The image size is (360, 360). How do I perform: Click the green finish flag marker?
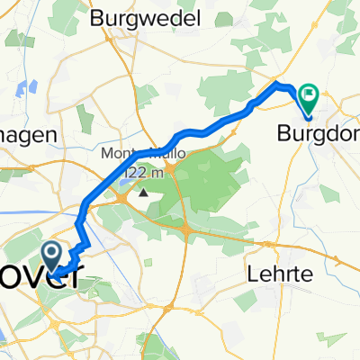click(x=309, y=93)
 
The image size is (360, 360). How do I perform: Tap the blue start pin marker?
click(x=51, y=252)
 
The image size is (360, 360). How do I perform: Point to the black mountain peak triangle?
click(x=142, y=191)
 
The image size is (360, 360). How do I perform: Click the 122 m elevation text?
click(x=142, y=172)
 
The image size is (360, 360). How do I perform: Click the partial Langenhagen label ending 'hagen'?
click(x=27, y=131)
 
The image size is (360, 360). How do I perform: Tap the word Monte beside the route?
click(x=121, y=154)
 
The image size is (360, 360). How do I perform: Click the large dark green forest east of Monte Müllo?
click(x=202, y=175)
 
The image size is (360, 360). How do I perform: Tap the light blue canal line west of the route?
click(x=36, y=214)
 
